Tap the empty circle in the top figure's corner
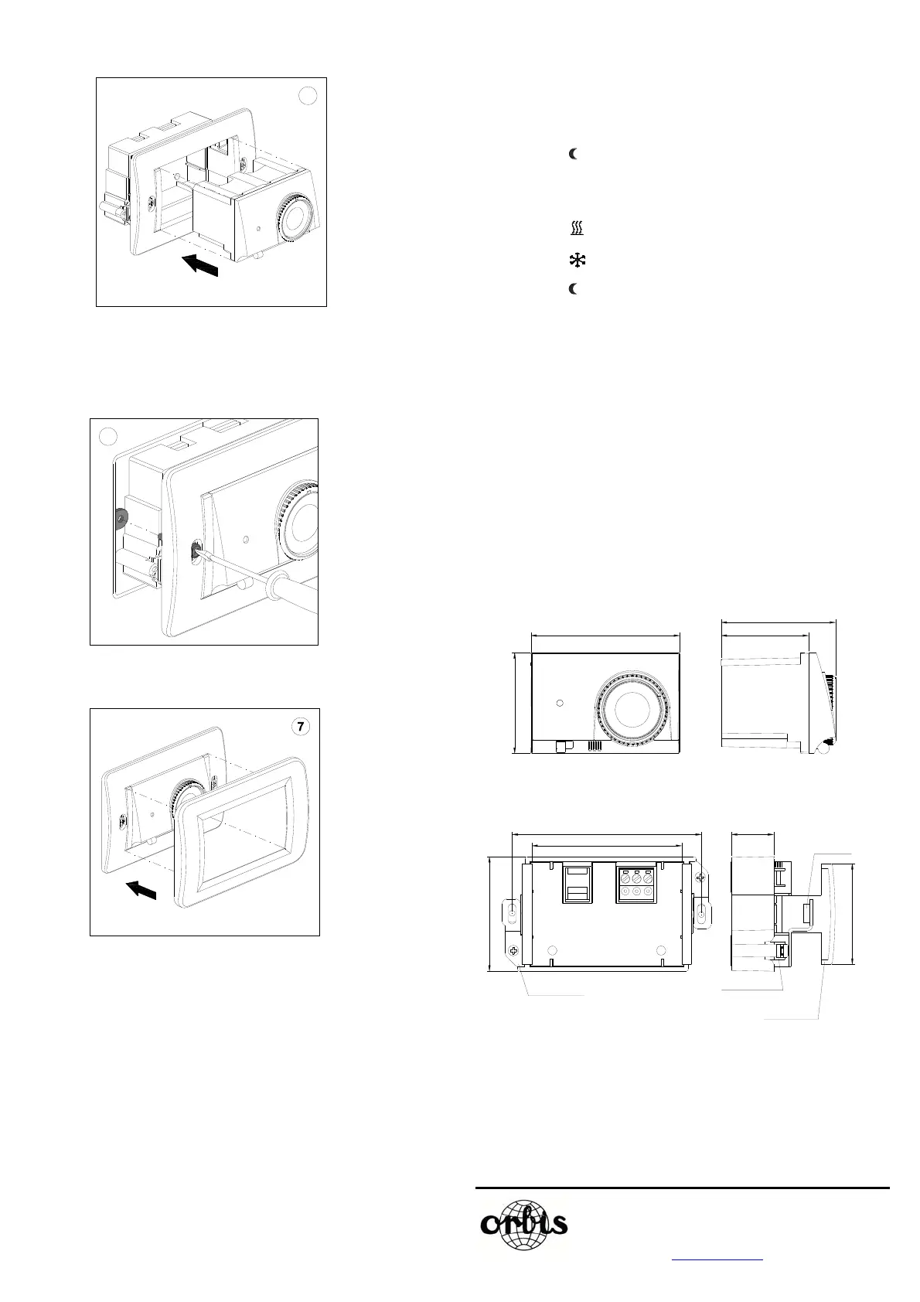tap(308, 96)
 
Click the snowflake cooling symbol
tap(577, 261)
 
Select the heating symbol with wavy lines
tap(576, 228)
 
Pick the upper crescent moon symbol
tap(574, 155)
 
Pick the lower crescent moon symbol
tap(574, 289)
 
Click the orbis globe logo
tap(524, 1224)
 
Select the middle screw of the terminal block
tap(636, 878)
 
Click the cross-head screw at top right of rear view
tap(700, 878)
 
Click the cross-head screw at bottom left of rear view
tap(513, 953)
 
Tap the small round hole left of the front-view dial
tap(561, 703)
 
